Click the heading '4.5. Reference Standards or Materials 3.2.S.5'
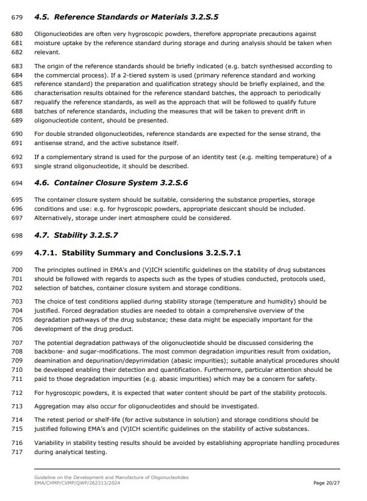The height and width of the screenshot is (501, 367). [x=126, y=16]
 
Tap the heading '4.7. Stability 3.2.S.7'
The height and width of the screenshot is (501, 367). [x=76, y=235]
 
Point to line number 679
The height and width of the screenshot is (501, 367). [x=17, y=17]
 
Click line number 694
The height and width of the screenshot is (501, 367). [x=17, y=183]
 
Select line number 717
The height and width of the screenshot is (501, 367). [x=17, y=452]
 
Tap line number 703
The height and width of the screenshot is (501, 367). [x=17, y=301]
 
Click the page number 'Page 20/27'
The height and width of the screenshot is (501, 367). [x=326, y=483]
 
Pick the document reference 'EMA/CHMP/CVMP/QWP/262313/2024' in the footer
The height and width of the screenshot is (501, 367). [x=76, y=483]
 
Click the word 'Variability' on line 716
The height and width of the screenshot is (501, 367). [x=51, y=442]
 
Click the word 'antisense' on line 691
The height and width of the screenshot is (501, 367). [x=50, y=143]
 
